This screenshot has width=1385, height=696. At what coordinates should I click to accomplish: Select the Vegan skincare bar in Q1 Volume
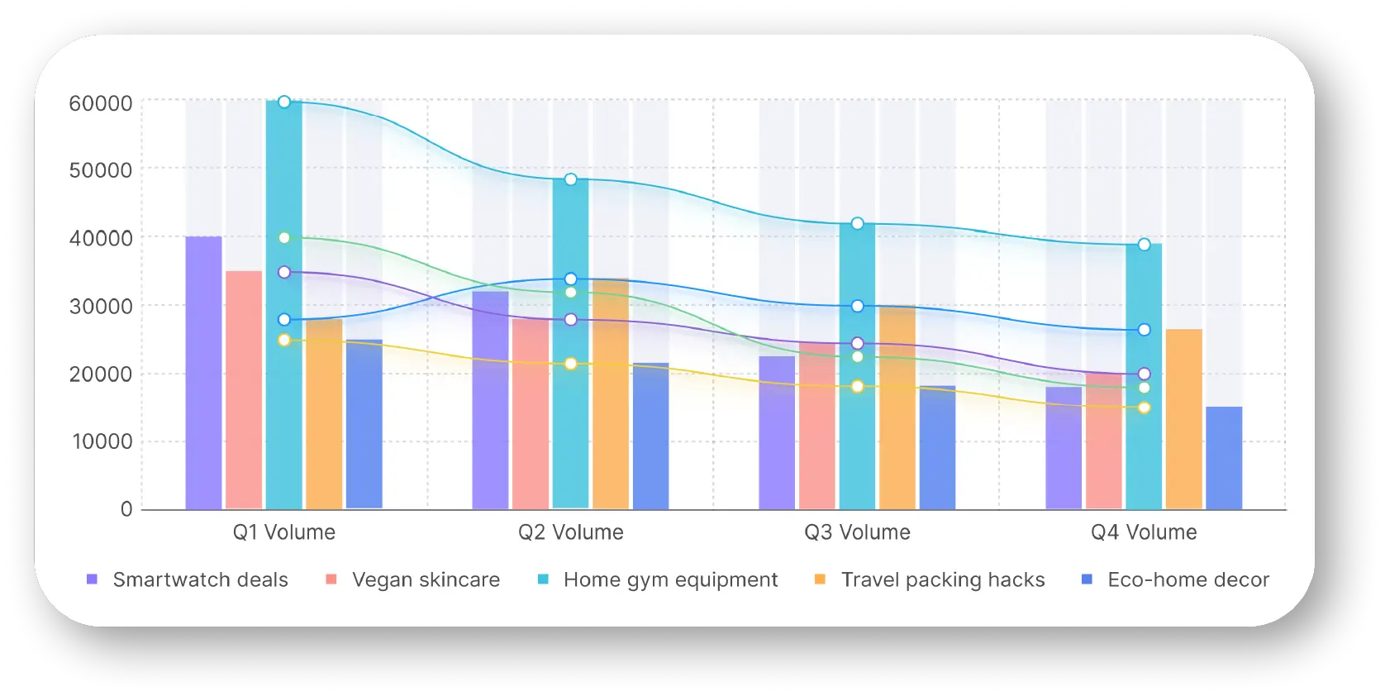(244, 389)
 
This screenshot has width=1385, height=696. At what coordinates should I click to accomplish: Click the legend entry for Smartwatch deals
(188, 580)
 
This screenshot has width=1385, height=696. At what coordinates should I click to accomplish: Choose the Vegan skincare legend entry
(413, 580)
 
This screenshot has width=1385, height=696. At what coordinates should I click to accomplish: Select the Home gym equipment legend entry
(658, 580)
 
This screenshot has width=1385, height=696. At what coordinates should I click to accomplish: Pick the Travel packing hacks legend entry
(930, 580)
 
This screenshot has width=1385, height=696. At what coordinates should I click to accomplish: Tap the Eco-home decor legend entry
(1175, 580)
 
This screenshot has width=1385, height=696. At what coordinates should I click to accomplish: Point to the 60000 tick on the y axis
(101, 103)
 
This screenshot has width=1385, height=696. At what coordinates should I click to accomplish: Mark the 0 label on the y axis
(126, 509)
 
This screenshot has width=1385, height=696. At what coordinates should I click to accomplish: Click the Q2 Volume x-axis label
(571, 532)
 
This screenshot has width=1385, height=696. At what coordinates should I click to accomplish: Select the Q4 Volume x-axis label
(1144, 532)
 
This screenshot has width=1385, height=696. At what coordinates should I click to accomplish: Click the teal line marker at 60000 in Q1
(284, 102)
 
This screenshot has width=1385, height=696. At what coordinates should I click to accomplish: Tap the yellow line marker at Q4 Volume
(1144, 408)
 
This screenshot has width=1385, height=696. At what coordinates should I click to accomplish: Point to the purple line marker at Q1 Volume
(284, 272)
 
